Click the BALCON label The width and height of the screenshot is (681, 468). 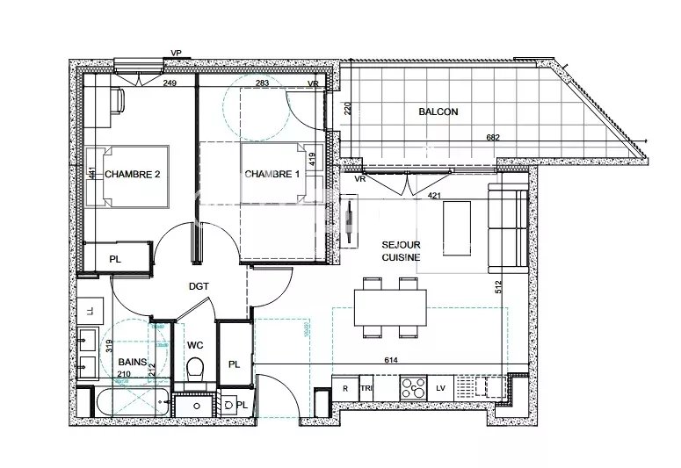(438, 112)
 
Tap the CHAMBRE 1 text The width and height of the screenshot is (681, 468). (272, 174)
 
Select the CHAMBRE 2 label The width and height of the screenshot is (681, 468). (132, 174)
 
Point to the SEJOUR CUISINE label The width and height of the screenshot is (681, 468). (400, 251)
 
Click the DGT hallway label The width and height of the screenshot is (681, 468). (199, 286)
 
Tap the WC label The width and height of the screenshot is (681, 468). (195, 345)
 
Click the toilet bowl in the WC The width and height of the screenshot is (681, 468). (197, 368)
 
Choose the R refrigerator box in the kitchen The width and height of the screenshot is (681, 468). (345, 387)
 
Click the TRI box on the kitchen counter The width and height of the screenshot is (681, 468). (367, 387)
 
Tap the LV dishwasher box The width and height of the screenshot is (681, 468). (441, 387)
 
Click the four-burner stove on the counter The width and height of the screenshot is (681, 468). (411, 387)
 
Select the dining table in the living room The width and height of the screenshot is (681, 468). (390, 307)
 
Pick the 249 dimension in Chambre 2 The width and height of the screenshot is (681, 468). (170, 83)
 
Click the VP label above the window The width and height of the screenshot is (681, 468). (176, 53)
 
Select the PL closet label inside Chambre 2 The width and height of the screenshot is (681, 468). (115, 259)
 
